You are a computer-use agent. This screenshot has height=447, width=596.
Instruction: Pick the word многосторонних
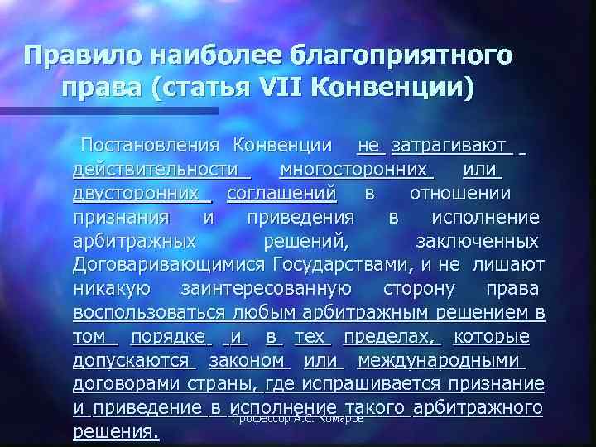coord(357,170)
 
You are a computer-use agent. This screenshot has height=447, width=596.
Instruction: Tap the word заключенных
coord(476,241)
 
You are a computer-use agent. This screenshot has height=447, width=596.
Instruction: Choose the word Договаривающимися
coord(168,265)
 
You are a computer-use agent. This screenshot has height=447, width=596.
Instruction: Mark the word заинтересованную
coord(264,289)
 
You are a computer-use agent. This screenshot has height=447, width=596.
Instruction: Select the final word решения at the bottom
coord(116,432)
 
